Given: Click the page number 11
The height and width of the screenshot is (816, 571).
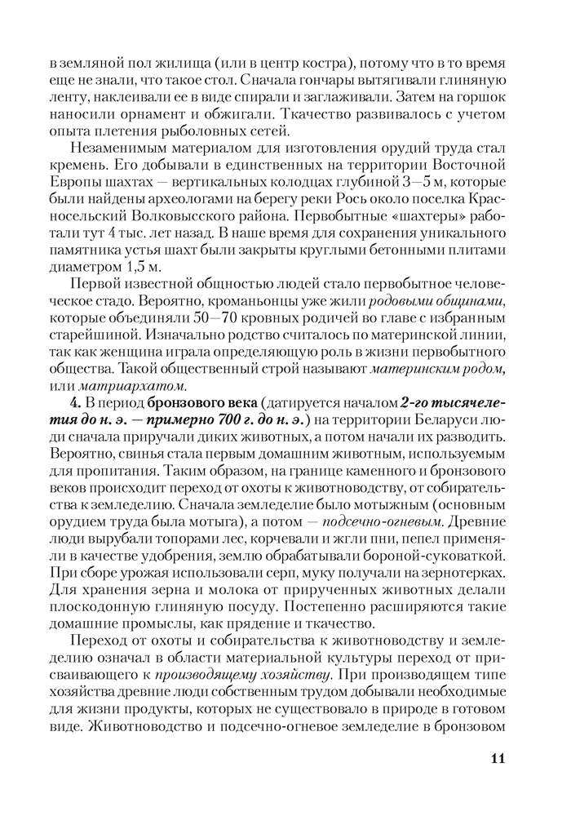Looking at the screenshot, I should (x=498, y=758).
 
